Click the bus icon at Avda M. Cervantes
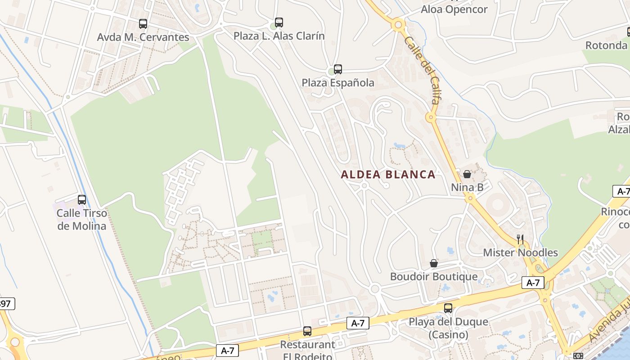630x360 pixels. (143, 24)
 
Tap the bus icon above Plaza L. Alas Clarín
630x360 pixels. (279, 22)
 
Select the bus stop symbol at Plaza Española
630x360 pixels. (338, 69)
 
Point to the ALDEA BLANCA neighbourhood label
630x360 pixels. (388, 175)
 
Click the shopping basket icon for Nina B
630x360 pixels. (467, 174)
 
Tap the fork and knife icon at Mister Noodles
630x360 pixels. (520, 239)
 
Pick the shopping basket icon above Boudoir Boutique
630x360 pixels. (434, 263)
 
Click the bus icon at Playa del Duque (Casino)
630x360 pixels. (448, 308)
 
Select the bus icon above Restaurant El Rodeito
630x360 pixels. (307, 331)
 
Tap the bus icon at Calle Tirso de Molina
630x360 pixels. (82, 199)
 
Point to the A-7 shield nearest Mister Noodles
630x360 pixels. (533, 283)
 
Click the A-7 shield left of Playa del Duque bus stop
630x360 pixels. (358, 323)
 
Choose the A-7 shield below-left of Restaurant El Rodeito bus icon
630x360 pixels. (227, 350)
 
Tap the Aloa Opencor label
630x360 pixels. (454, 9)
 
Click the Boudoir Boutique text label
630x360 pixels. (434, 276)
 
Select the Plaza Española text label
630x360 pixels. (338, 83)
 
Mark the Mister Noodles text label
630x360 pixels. (520, 252)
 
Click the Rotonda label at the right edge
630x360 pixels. (607, 45)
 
